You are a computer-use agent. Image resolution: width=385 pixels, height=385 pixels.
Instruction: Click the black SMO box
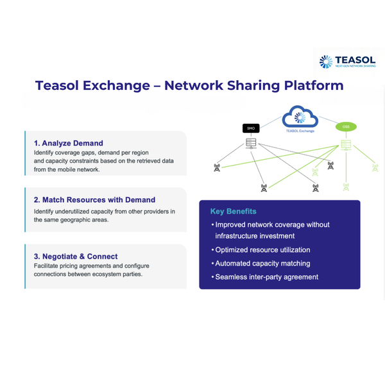[x=251, y=128]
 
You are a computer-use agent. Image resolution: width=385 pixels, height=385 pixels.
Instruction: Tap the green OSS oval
[x=346, y=126]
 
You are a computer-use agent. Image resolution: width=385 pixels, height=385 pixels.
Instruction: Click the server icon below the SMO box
[x=251, y=143]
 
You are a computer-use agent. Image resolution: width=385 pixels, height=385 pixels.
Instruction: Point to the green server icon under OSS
[x=346, y=145]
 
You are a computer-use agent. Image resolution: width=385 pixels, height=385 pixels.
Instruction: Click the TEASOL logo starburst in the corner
[x=326, y=62]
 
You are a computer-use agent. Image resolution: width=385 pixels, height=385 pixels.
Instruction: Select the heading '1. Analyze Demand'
[x=69, y=143]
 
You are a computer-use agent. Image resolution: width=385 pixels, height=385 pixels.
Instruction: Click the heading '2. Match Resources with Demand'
[x=94, y=200]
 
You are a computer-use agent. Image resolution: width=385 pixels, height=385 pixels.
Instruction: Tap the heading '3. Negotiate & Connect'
[x=76, y=256]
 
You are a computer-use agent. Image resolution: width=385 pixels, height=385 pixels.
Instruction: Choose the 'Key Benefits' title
[x=234, y=211]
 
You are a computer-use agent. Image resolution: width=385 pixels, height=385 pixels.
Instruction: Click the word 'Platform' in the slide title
[x=314, y=85]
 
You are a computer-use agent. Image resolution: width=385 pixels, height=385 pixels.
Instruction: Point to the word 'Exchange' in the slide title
[x=116, y=85]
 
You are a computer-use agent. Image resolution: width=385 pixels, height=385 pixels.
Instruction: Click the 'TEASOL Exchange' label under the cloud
[x=300, y=131]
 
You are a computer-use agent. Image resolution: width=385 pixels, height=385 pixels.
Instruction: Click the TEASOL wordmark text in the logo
[x=355, y=60]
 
